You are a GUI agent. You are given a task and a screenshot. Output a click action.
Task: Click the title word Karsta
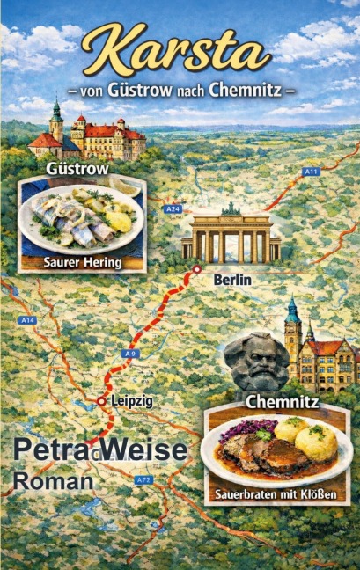[x=179, y=50]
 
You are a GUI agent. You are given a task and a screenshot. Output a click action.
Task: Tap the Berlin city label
[x=232, y=279]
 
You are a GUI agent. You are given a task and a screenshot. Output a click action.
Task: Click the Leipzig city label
[x=131, y=401]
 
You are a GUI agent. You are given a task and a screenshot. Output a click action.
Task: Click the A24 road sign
[x=172, y=209]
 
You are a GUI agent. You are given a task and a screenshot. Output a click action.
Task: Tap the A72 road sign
[x=143, y=480]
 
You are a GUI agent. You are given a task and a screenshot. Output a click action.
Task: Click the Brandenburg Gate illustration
[x=231, y=235]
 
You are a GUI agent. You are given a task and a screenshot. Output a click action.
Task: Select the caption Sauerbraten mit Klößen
[x=276, y=494]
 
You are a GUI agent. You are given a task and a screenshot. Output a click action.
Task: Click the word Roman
[x=53, y=481]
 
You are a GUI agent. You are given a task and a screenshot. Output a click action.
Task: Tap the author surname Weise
[x=143, y=450]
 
